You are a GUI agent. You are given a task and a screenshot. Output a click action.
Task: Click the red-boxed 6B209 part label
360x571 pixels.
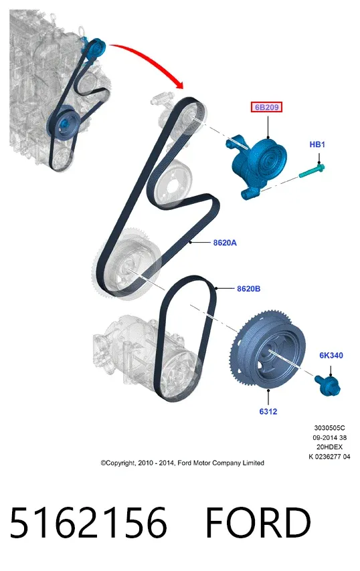(266, 107)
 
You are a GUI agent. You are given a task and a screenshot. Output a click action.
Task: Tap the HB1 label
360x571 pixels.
(317, 144)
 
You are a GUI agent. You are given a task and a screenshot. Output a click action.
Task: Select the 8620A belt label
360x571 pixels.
(225, 243)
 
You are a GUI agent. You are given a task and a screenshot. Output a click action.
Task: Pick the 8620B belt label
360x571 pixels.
(248, 289)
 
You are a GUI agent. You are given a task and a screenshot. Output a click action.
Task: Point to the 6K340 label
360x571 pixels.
(331, 355)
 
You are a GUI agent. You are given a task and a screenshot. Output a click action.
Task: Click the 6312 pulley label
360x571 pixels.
(268, 411)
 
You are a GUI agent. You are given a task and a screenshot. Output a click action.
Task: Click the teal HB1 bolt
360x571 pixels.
(312, 170)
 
